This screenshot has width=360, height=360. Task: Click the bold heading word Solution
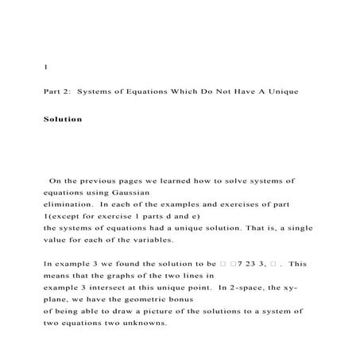63,119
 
